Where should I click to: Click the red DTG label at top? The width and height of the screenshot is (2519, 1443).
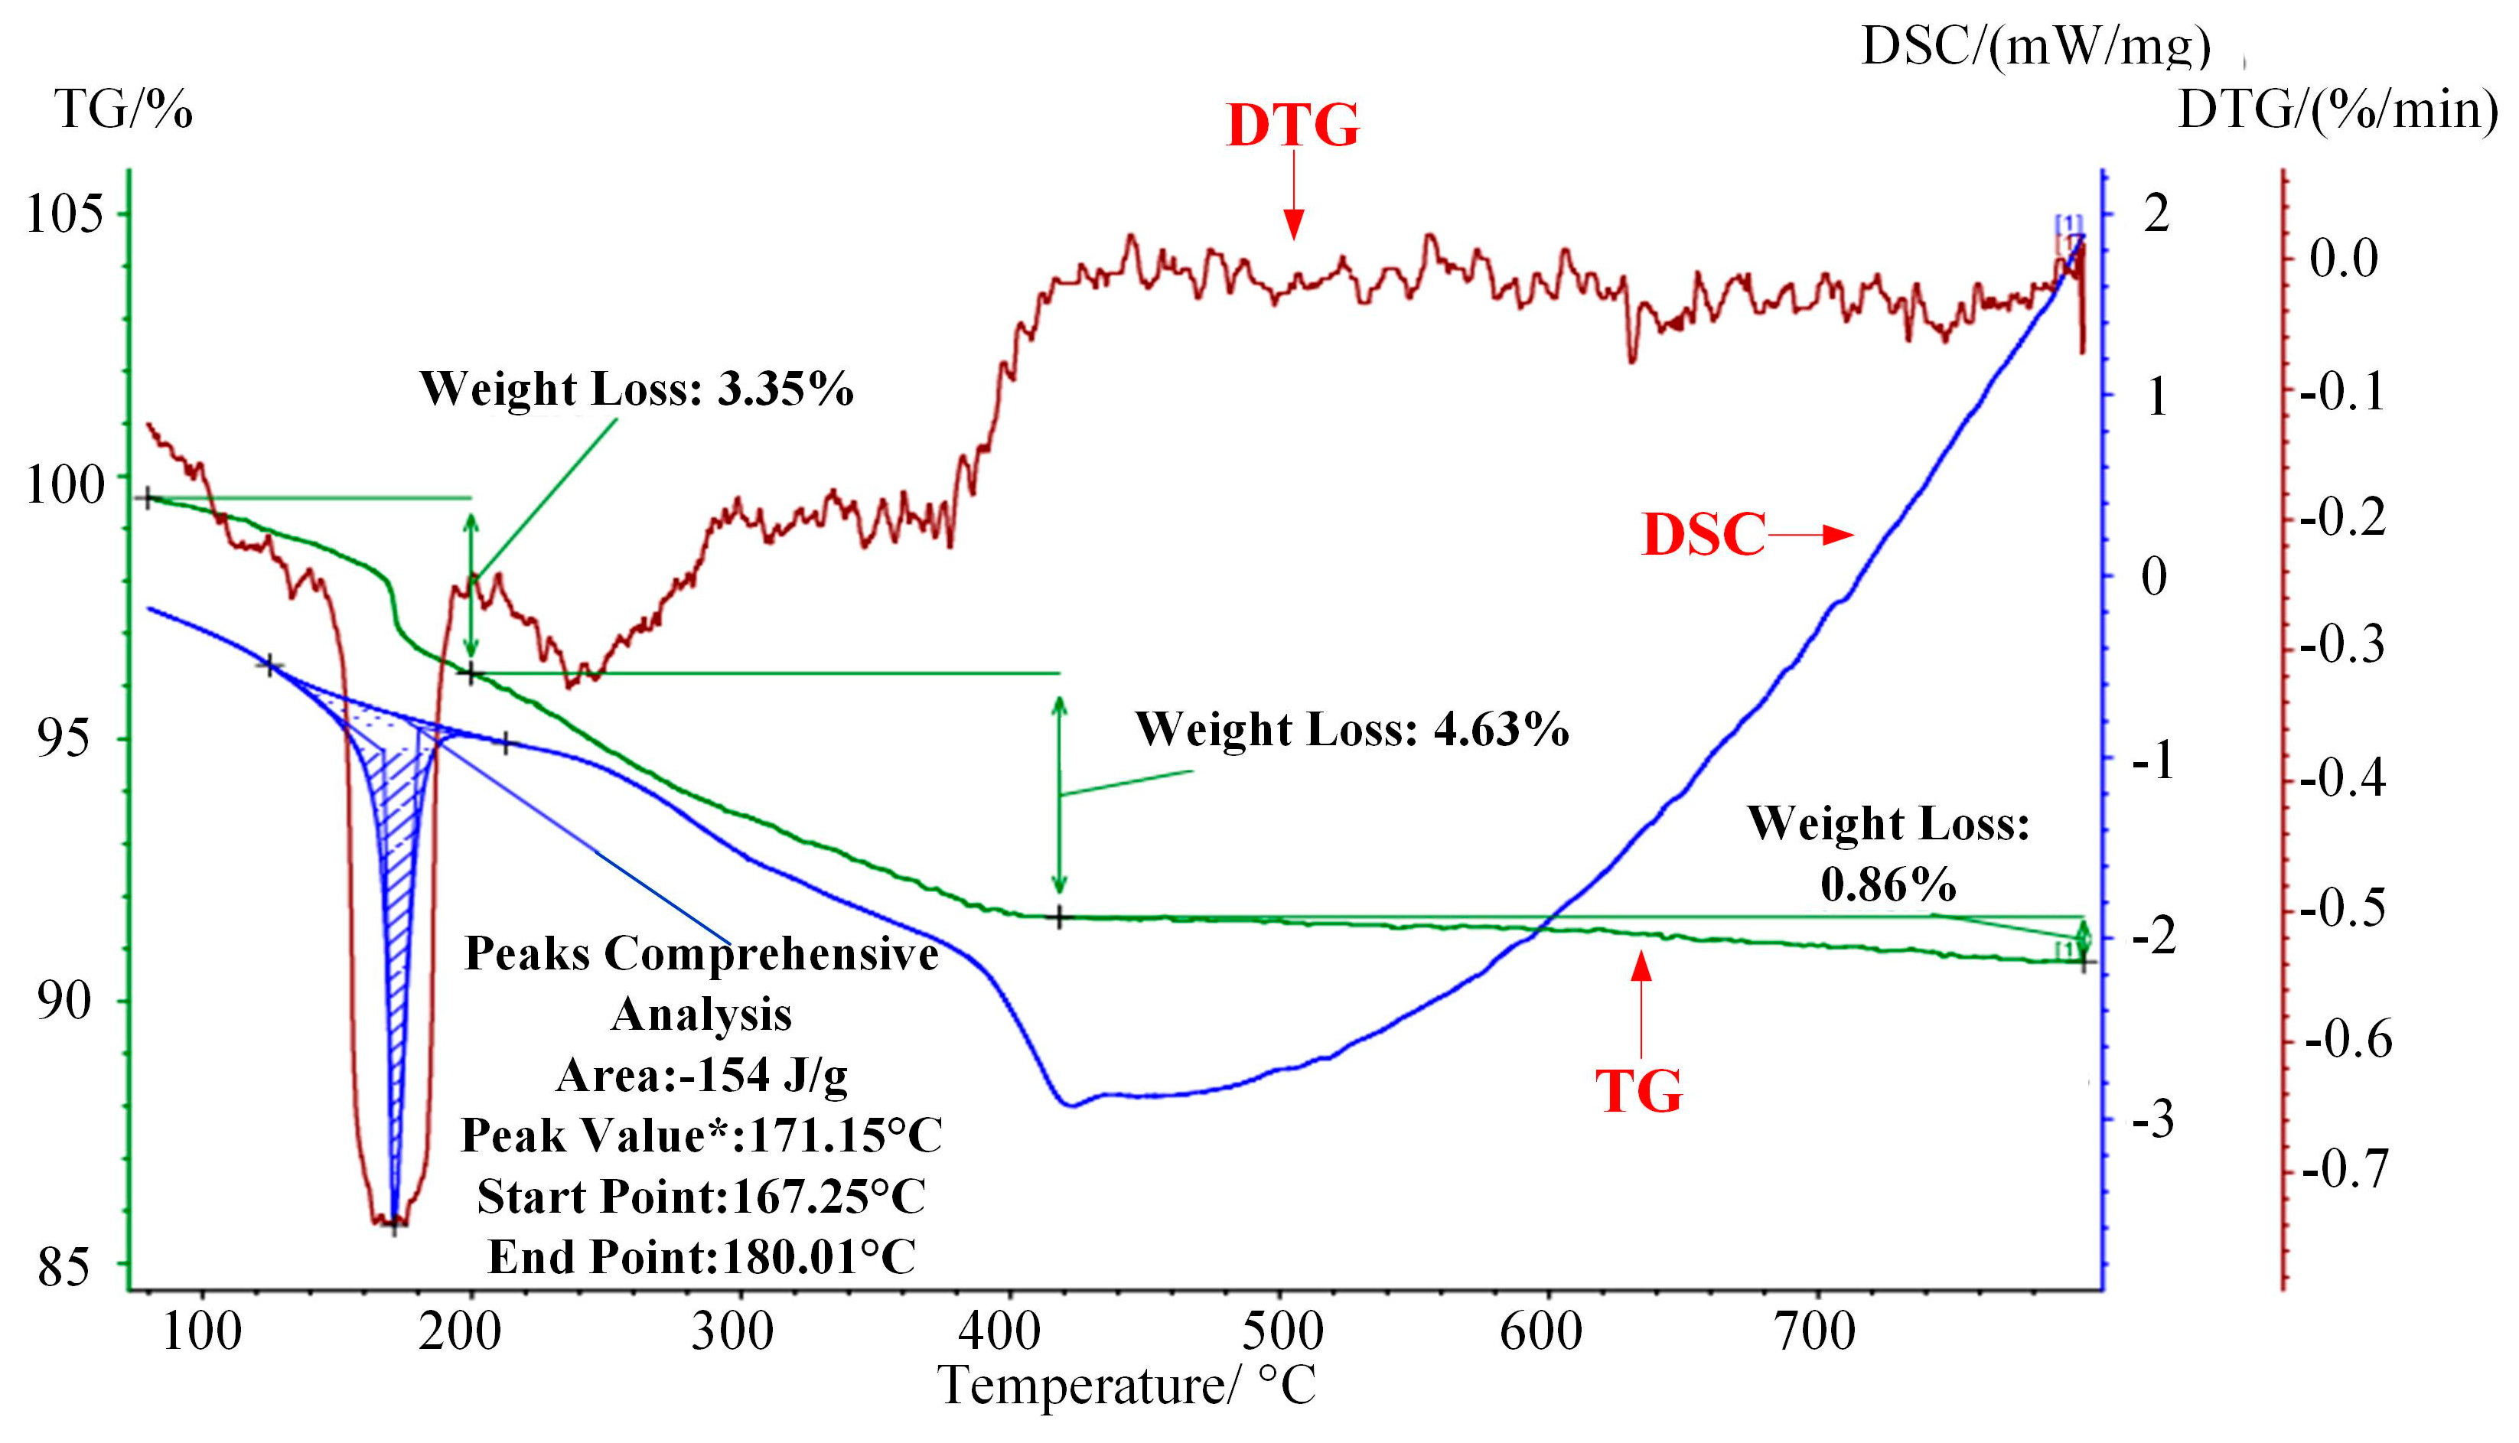(x=1292, y=127)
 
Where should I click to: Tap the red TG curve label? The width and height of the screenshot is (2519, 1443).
(x=1639, y=1092)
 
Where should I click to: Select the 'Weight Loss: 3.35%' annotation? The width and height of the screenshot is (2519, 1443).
(x=636, y=389)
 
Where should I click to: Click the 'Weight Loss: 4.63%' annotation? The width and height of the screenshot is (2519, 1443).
(x=1351, y=729)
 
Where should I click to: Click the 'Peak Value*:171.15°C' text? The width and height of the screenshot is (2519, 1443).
(x=702, y=1135)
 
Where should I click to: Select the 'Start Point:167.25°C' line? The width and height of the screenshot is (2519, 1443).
(x=702, y=1196)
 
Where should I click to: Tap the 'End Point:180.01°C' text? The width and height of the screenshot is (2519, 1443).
(x=702, y=1256)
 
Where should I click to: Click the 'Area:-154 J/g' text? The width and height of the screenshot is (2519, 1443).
(x=702, y=1075)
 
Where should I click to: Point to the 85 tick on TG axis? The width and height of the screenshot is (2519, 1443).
(x=64, y=1266)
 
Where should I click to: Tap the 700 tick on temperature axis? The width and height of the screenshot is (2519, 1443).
(x=1813, y=1331)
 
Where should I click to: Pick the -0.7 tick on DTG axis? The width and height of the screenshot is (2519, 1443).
(x=2345, y=1169)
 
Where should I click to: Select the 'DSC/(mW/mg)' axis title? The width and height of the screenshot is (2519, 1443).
(x=2036, y=46)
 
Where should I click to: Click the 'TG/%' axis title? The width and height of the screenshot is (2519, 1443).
(x=123, y=109)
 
